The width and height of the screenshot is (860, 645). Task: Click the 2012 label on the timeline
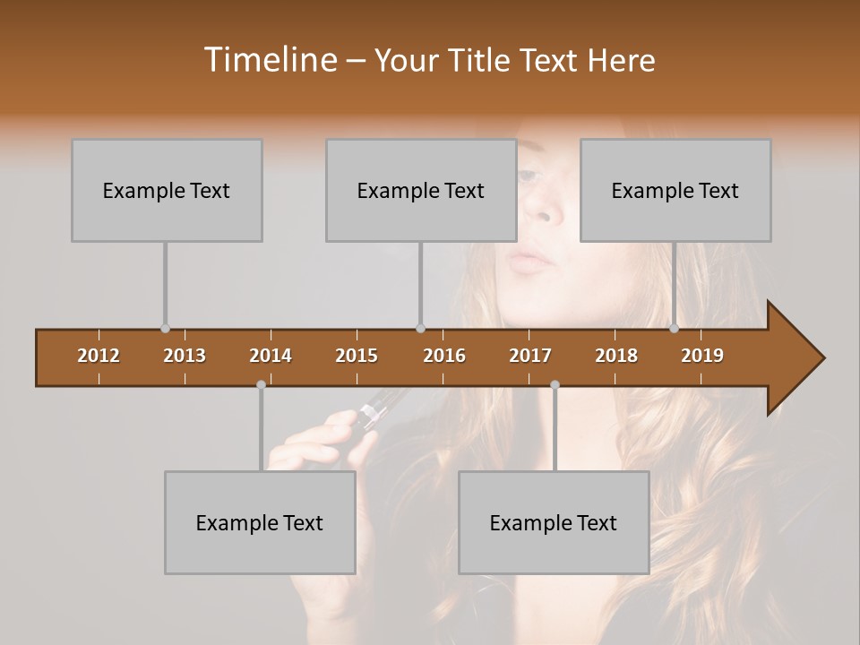click(x=99, y=356)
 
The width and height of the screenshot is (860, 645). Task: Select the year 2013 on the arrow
click(x=185, y=356)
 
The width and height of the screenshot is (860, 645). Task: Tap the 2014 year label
click(x=271, y=356)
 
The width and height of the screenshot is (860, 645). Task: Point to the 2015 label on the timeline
click(x=357, y=356)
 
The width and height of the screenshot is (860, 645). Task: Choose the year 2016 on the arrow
click(x=444, y=356)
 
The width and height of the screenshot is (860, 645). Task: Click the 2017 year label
click(x=530, y=356)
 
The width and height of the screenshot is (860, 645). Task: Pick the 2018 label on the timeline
click(x=616, y=356)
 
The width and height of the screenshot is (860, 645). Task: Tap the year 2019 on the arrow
click(x=702, y=356)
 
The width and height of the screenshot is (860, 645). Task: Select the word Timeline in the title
click(x=269, y=60)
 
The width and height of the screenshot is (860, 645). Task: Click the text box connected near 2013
click(x=167, y=190)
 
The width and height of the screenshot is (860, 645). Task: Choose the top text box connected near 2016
click(x=421, y=190)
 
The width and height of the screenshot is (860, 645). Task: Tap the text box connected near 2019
click(x=675, y=190)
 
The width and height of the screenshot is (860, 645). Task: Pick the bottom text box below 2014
click(x=260, y=522)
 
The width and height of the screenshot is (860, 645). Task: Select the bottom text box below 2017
click(x=554, y=522)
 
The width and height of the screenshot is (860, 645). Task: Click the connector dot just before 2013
click(x=165, y=329)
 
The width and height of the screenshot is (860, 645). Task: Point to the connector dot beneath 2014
click(x=261, y=384)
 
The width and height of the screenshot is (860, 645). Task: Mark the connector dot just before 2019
click(x=674, y=329)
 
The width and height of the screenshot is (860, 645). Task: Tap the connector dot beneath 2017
click(x=555, y=384)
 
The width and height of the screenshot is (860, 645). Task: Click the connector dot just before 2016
click(x=420, y=329)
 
